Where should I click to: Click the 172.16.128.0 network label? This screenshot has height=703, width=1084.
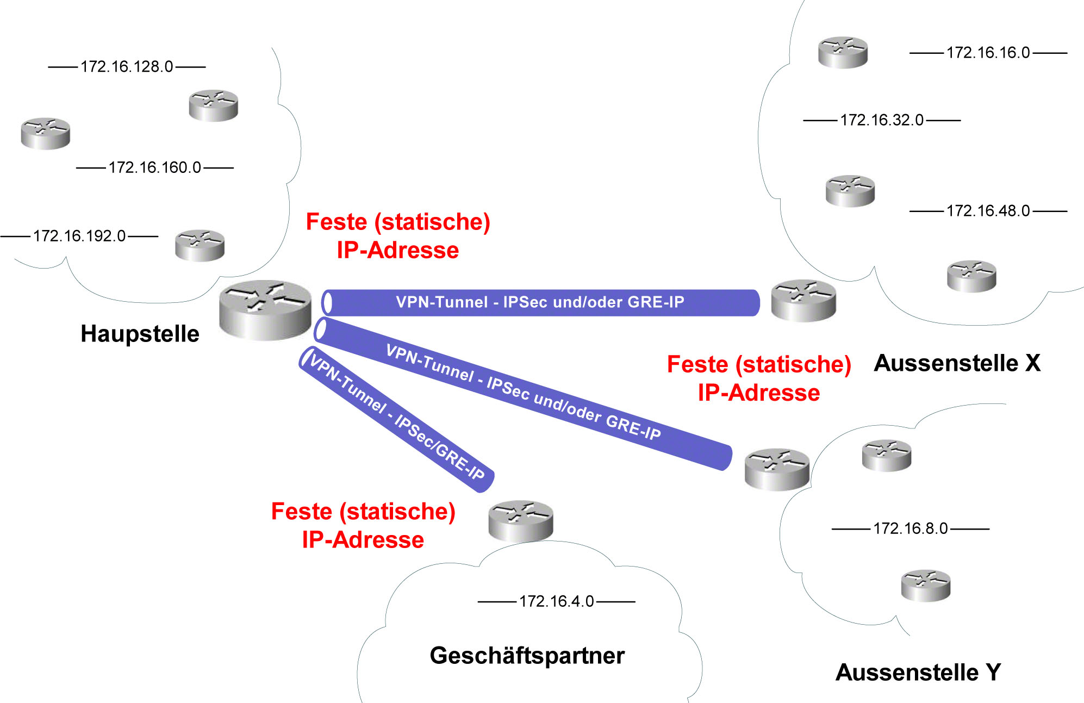tap(127, 66)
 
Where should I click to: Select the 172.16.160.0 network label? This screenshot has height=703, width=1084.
tap(155, 167)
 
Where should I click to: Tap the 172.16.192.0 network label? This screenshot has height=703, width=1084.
tap(79, 236)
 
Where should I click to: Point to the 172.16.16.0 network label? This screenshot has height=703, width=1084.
tap(988, 53)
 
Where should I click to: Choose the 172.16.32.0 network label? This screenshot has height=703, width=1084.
tap(882, 120)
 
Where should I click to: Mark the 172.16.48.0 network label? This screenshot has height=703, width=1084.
tap(988, 210)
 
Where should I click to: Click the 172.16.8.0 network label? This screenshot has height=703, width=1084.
tap(910, 528)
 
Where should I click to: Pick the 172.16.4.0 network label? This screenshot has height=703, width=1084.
tap(556, 601)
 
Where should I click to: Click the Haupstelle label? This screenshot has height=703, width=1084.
tap(140, 334)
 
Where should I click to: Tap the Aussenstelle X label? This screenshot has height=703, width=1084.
tap(957, 363)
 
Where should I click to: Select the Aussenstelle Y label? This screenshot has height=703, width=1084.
tap(918, 673)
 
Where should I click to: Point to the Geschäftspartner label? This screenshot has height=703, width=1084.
tap(527, 656)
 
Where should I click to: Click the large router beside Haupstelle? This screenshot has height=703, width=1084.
tap(265, 310)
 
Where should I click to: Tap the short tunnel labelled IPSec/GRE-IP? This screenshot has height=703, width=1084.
tap(396, 419)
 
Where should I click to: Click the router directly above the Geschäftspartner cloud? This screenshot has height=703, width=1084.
tap(520, 520)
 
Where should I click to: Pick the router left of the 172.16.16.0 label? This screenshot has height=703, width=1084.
tap(843, 52)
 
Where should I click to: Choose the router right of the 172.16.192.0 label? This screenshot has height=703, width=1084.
tap(200, 245)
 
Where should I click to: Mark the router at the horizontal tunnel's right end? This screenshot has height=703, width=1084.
tap(803, 301)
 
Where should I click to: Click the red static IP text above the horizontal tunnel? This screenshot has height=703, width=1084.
tap(398, 236)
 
